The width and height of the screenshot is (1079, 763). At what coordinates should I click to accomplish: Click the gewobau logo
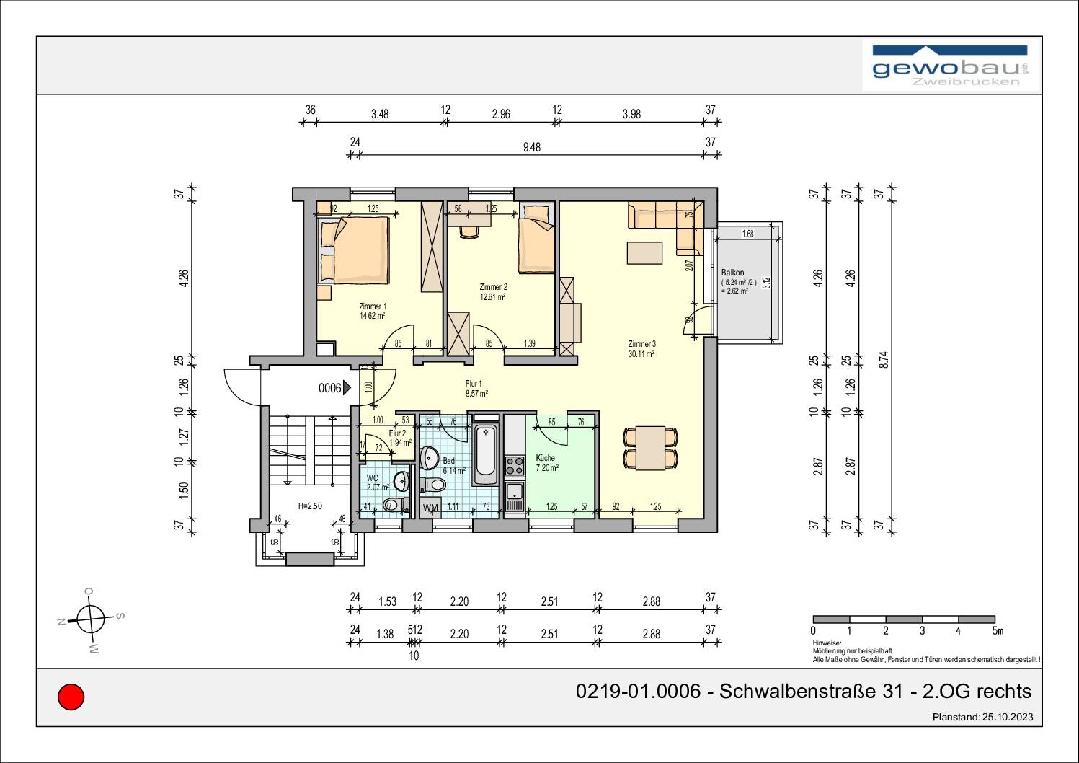pyautogui.click(x=951, y=66)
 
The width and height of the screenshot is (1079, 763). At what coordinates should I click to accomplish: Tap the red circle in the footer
pyautogui.click(x=71, y=697)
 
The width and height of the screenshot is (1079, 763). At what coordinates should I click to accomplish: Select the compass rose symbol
pyautogui.click(x=91, y=619)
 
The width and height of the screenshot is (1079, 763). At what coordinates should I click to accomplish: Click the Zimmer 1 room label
pyautogui.click(x=373, y=306)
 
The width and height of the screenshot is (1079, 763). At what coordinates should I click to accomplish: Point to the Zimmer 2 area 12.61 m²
pyautogui.click(x=493, y=296)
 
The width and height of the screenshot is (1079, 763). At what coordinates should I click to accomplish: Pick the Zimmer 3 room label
pyautogui.click(x=641, y=344)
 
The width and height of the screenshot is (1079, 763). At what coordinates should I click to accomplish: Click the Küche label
pyautogui.click(x=546, y=458)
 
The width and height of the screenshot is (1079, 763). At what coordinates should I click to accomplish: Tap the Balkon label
pyautogui.click(x=732, y=273)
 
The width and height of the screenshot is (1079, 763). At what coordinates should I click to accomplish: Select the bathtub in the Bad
pyautogui.click(x=484, y=454)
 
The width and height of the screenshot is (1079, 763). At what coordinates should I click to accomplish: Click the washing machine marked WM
pyautogui.click(x=431, y=508)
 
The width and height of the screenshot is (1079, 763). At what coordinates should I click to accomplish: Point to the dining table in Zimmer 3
pyautogui.click(x=650, y=448)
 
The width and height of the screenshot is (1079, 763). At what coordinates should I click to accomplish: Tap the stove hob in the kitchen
pyautogui.click(x=514, y=465)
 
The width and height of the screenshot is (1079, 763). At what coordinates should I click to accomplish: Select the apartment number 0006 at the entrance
pyautogui.click(x=329, y=389)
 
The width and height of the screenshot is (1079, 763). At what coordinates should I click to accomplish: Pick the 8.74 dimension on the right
pyautogui.click(x=884, y=359)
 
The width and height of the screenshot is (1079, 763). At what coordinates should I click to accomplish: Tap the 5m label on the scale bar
pyautogui.click(x=997, y=631)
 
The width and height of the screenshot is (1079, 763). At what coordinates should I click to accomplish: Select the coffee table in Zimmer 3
pyautogui.click(x=644, y=253)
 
